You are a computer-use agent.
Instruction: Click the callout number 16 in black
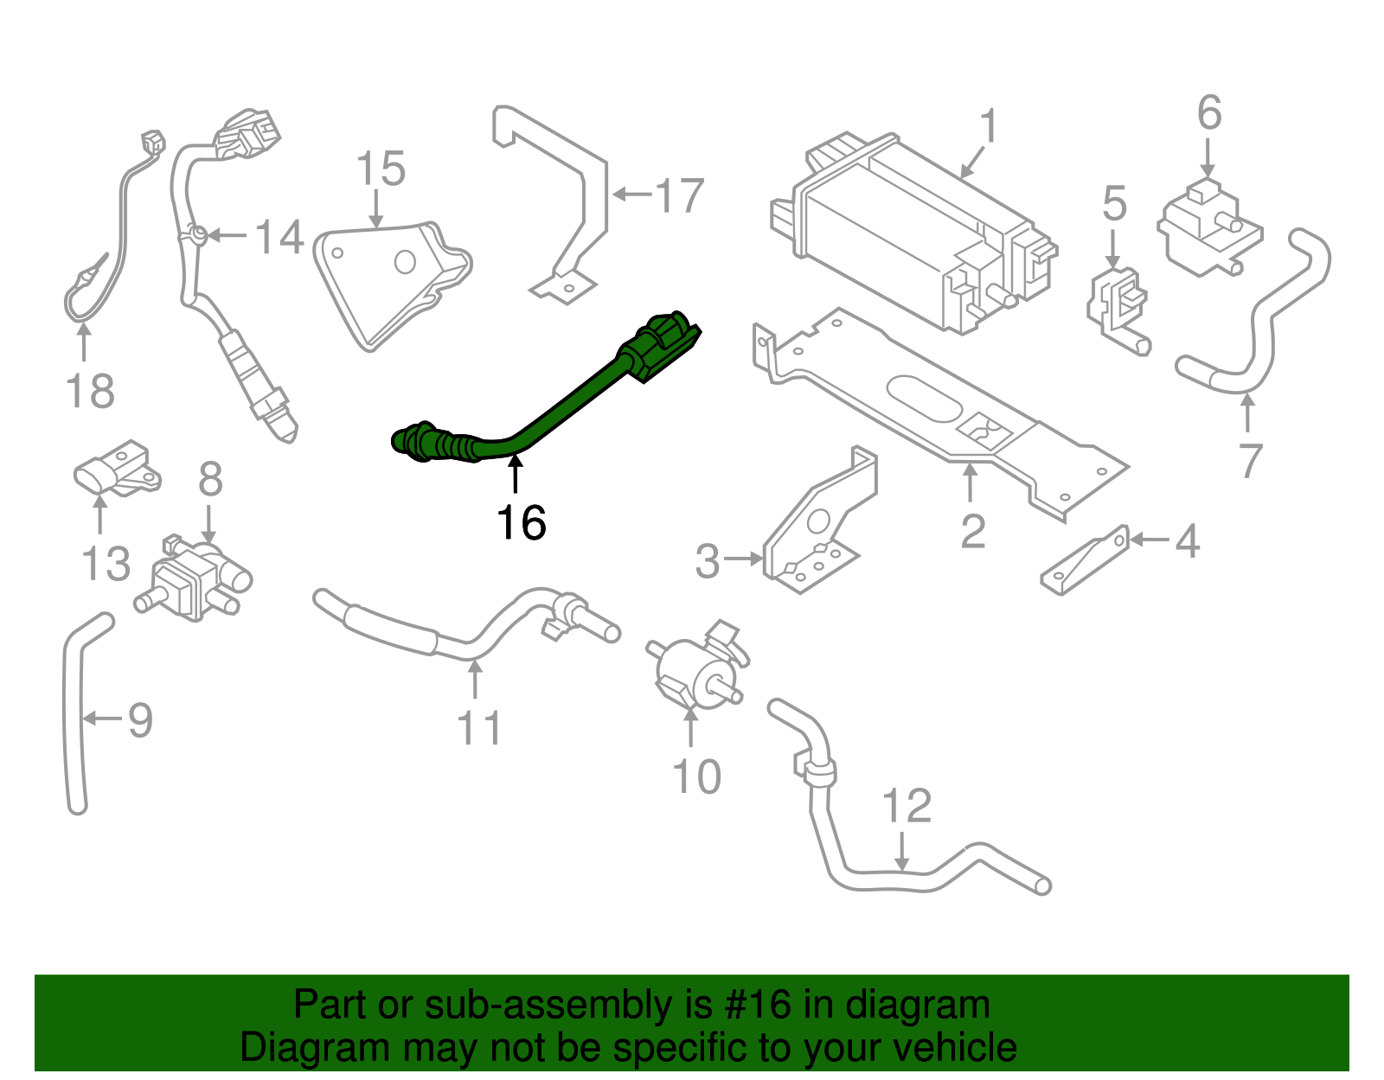(x=521, y=523)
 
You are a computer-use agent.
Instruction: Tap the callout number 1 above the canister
(x=988, y=127)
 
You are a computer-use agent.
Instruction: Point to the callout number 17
(x=680, y=196)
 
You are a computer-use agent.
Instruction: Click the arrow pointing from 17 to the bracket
(x=631, y=195)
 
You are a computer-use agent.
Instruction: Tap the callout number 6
(x=1208, y=113)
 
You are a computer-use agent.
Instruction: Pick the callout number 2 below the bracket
(x=972, y=532)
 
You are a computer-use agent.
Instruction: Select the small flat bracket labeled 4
(x=1086, y=562)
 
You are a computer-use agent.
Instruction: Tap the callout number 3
(x=708, y=561)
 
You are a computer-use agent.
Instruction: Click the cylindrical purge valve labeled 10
(x=692, y=666)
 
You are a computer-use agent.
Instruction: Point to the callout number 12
(x=906, y=806)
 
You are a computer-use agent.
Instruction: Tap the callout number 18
(x=90, y=392)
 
